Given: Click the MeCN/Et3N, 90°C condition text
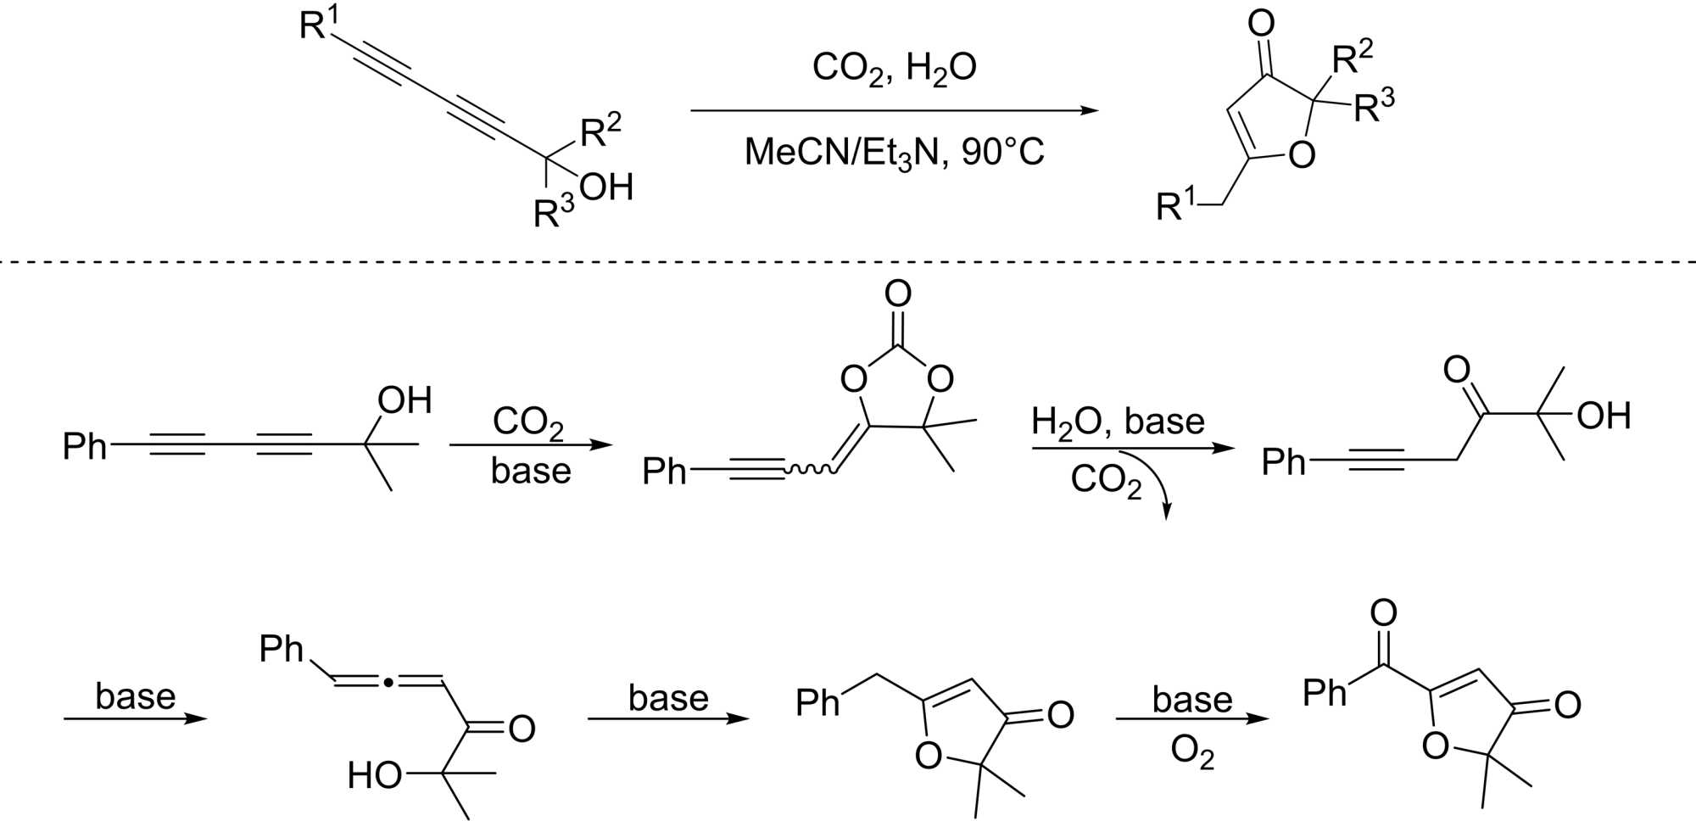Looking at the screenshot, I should point(894,153).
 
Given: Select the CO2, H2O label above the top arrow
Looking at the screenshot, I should point(894,67).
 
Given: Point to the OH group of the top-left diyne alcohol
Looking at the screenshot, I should point(607,187).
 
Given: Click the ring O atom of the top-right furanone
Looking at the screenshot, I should point(1301,155).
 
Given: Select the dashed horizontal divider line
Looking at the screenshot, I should point(848,262).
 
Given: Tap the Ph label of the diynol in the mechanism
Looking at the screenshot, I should point(84,446).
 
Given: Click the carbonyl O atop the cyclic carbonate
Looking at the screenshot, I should point(897,294).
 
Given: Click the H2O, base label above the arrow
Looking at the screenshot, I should point(1118,422).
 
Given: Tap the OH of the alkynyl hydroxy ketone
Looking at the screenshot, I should point(1604,416).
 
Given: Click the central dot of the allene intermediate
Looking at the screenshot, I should point(388,681).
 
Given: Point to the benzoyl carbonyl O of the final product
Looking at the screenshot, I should point(1383,612).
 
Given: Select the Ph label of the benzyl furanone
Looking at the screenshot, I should point(817,703).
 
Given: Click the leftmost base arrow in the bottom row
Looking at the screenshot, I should point(136,719).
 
